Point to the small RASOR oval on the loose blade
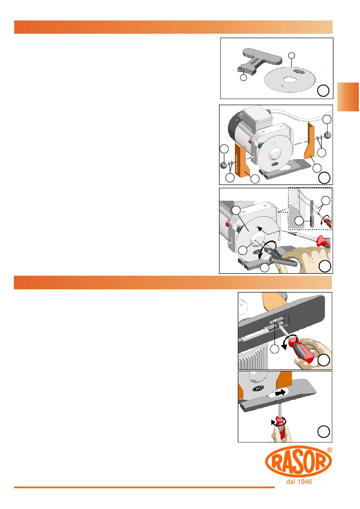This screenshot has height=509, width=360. [299, 71]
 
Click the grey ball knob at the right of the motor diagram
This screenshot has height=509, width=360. [327, 135]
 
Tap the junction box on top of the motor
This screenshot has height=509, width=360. [258, 117]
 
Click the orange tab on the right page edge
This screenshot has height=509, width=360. [348, 97]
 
